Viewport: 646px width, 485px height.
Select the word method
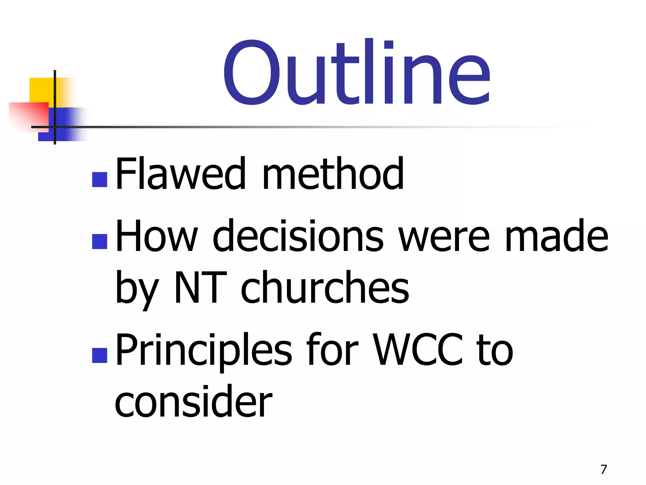333,174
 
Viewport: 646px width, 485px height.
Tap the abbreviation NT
201,288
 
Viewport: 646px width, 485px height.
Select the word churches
325,288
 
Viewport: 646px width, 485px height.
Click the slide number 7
603,470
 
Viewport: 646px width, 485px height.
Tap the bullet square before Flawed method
100,180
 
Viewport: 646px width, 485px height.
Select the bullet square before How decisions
100,242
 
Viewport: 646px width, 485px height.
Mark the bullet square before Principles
100,355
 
